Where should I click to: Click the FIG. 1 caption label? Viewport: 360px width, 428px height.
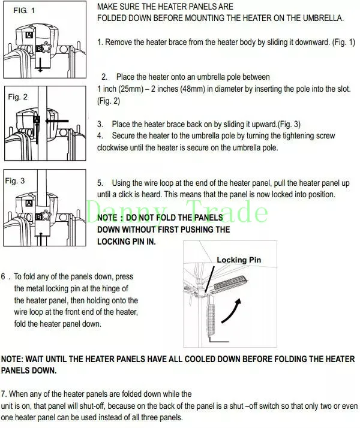[24, 11]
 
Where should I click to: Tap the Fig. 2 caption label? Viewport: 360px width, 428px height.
[18, 97]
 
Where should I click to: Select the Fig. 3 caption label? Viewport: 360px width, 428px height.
[15, 180]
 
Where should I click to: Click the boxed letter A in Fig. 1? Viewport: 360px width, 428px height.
[29, 35]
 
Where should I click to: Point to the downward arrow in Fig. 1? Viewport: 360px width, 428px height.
[40, 65]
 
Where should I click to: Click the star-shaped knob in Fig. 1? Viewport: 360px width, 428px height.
[46, 48]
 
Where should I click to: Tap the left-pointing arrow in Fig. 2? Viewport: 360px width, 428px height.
[57, 120]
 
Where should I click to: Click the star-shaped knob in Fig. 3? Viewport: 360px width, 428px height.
[46, 216]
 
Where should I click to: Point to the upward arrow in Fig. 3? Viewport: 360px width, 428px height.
[41, 239]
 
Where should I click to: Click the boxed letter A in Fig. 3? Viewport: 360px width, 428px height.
[29, 203]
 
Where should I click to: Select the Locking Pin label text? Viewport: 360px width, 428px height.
[239, 260]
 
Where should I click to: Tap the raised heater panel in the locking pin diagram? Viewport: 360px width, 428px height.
[231, 283]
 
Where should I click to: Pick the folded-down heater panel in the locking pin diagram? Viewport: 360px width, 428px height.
[211, 317]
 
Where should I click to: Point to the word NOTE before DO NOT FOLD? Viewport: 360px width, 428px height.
[107, 218]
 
